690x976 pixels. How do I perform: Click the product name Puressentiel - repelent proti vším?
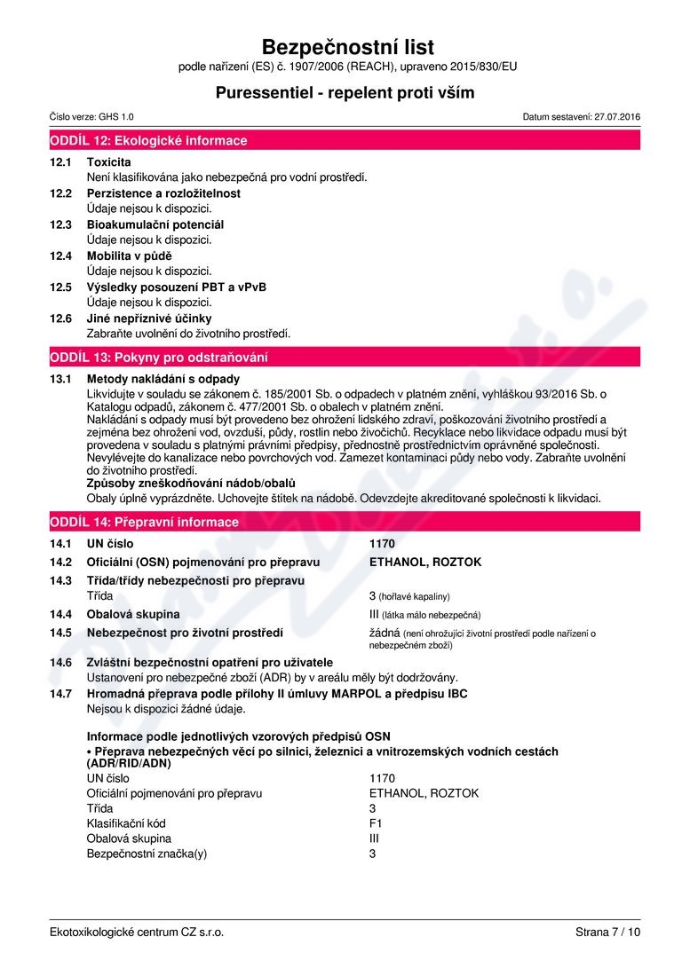point(345,92)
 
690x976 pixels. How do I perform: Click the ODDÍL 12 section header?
point(149,140)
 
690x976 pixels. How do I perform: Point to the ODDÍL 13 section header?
point(159,357)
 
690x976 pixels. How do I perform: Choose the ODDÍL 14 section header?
point(143,522)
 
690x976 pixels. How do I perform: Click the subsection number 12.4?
point(60,256)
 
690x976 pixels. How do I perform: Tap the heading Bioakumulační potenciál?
point(155,224)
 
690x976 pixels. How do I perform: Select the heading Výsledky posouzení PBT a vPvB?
point(176,287)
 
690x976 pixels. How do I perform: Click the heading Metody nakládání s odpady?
point(163,379)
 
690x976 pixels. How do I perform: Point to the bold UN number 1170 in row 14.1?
point(382,543)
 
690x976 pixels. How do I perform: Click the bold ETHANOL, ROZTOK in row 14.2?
point(425,562)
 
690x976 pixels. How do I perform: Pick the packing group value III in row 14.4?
point(375,614)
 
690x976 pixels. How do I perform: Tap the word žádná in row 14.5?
point(385,633)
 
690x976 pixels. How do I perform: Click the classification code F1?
point(376,823)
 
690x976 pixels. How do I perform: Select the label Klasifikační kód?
point(126,823)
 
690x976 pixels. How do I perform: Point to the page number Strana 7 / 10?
point(607,932)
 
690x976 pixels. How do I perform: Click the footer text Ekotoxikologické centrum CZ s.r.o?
point(137,932)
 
